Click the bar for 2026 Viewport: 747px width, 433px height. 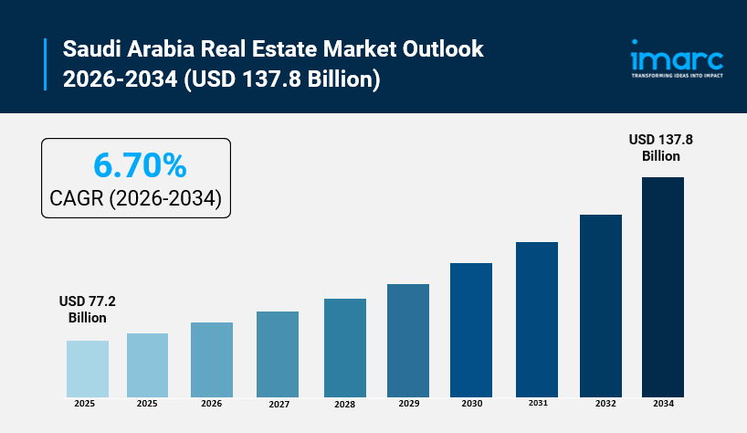tap(212, 359)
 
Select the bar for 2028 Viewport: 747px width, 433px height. tap(345, 347)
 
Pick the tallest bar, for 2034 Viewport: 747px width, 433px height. tap(663, 286)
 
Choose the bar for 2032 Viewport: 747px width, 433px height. tap(601, 305)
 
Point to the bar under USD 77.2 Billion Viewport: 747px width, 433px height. tap(88, 368)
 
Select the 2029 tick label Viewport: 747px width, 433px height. tap(408, 404)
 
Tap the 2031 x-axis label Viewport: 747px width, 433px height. tap(536, 403)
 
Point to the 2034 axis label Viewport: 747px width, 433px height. tap(663, 404)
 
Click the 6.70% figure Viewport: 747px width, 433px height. tap(140, 165)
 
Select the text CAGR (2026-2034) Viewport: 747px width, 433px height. tap(136, 198)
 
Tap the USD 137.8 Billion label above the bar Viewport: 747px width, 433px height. tap(660, 147)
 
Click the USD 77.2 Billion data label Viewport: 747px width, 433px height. tap(88, 309)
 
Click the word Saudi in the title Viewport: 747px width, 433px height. tap(90, 48)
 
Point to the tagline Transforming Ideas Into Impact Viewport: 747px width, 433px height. tap(677, 76)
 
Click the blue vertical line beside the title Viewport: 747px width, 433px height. tap(45, 63)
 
